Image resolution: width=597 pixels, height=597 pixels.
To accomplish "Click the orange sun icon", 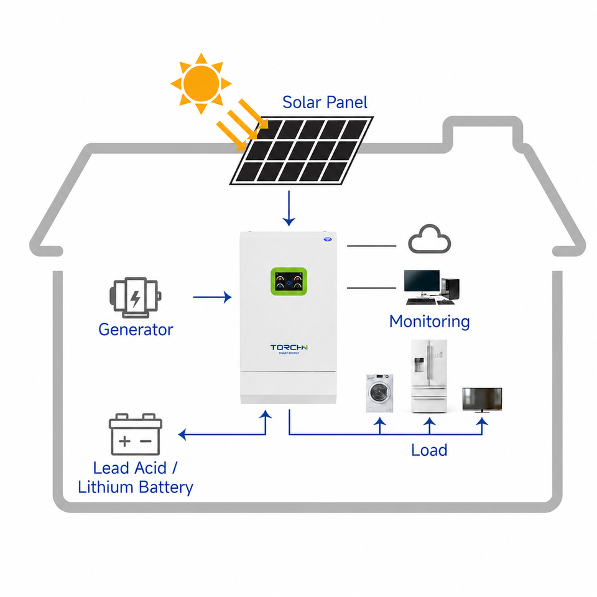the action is tap(201, 83).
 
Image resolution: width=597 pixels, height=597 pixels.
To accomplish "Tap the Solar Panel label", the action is tap(325, 103).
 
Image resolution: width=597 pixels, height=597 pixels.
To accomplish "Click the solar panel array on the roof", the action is tap(302, 150).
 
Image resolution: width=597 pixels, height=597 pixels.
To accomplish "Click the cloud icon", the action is tap(430, 239).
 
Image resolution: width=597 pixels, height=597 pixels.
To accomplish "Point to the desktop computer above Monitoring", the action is tap(432, 287).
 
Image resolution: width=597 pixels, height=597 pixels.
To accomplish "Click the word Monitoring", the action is tap(430, 322).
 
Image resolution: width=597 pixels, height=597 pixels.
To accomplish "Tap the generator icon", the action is tap(135, 297).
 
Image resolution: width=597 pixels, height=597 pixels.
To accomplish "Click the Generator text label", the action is tap(136, 330).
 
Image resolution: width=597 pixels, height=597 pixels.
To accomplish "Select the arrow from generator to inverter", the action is tap(212, 297).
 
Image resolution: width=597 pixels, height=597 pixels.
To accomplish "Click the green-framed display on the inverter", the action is tap(289, 281).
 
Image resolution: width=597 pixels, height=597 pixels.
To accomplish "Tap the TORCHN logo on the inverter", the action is tap(289, 349).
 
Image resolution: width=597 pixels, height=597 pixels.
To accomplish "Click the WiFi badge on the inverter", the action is tap(328, 239).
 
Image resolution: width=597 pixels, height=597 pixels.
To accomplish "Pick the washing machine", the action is tap(379, 393).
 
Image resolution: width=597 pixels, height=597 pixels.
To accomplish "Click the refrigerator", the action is tap(428, 376).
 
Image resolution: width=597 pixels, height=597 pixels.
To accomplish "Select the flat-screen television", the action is tap(482, 400).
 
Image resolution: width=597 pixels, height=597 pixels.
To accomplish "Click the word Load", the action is tap(429, 450).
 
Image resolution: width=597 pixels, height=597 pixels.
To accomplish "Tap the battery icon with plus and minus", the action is tap(136, 435).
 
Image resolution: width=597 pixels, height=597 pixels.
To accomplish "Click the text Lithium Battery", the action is tap(136, 488).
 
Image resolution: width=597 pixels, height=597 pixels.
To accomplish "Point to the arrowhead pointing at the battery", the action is tap(182, 435).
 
